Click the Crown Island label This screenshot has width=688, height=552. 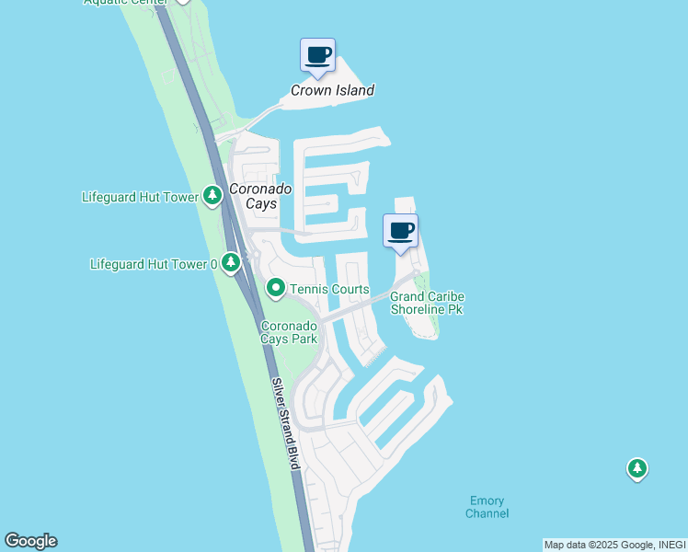pyautogui.click(x=332, y=90)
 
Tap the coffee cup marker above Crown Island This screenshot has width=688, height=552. pyautogui.click(x=318, y=55)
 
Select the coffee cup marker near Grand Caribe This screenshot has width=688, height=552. pyautogui.click(x=400, y=231)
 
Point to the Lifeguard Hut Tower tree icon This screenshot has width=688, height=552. pyautogui.click(x=212, y=195)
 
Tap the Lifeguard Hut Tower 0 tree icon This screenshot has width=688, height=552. pyautogui.click(x=231, y=264)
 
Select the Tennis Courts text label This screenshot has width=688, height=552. pyautogui.click(x=329, y=290)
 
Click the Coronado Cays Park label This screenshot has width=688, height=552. pyautogui.click(x=290, y=332)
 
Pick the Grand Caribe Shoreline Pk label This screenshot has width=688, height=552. pyautogui.click(x=427, y=303)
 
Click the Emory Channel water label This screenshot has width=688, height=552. pyautogui.click(x=487, y=507)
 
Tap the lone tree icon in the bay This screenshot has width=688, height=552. pyautogui.click(x=636, y=469)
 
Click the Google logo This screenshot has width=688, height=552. pyautogui.click(x=30, y=541)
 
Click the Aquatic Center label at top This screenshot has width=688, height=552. pyautogui.click(x=125, y=2)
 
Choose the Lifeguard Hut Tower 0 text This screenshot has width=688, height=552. pyautogui.click(x=154, y=264)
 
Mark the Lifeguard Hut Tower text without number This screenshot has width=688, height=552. pyautogui.click(x=139, y=196)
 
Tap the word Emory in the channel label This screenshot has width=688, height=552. pyautogui.click(x=487, y=500)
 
